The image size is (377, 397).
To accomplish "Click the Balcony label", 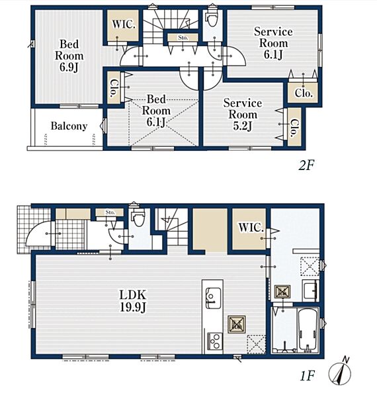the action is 69,126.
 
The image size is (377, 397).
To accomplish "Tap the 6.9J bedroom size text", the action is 69,67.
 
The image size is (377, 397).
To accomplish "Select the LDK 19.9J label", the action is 132,301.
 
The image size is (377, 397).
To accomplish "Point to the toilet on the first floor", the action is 138,218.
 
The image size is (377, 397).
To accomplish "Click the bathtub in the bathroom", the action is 308,330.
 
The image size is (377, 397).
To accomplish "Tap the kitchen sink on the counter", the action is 213,298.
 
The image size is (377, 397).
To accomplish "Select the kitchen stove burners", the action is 215,341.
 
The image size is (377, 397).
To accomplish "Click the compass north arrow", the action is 341,371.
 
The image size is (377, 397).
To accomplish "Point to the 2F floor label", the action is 306,166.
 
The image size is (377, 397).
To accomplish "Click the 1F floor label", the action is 307,376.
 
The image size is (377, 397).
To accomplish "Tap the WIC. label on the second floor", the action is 123,24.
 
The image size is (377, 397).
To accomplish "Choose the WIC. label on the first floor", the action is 251,228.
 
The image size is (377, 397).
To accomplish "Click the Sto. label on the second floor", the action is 183,38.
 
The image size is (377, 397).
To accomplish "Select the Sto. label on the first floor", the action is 110,212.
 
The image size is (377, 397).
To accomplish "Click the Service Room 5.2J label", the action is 243,114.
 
